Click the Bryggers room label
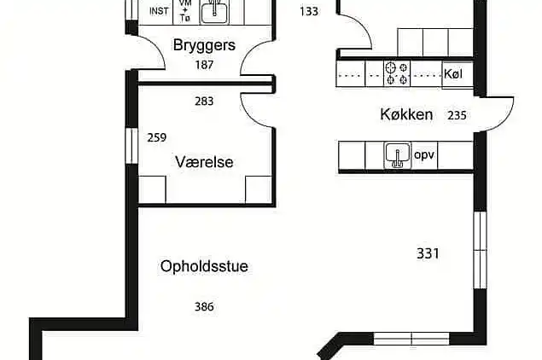click(203, 44)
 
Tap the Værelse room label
click(204, 161)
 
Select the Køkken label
click(406, 114)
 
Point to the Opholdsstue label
click(204, 266)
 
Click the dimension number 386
click(204, 306)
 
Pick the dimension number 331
click(428, 253)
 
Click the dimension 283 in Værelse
click(204, 102)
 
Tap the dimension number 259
click(156, 137)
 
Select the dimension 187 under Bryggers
click(204, 64)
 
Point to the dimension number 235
click(457, 115)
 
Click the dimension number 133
click(310, 11)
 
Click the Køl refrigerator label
click(453, 73)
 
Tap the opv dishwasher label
click(424, 155)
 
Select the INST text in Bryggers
click(159, 11)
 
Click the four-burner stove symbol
click(397, 73)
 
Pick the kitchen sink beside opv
click(396, 155)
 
